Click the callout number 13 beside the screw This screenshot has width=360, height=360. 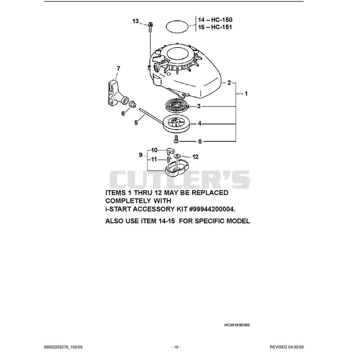pos(135,21)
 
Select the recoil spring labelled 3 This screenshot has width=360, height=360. pos(177,106)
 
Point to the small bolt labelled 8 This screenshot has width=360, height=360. pos(176,139)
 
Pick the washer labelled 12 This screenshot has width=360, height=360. pos(177,156)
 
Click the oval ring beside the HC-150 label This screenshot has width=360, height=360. pos(177,27)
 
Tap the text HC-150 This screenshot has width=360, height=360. pos(221,20)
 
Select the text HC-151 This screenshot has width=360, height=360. pos(221,27)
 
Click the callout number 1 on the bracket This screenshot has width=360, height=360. pos(246,94)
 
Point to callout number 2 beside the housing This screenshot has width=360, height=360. pos(229,83)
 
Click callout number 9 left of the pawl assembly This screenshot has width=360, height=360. pos(141,155)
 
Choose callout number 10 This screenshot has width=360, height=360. pos(154,150)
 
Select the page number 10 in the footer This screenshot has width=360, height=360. pos(176,347)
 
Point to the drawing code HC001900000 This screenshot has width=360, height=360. pos(237,325)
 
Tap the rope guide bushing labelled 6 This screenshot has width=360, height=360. pos(133,104)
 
